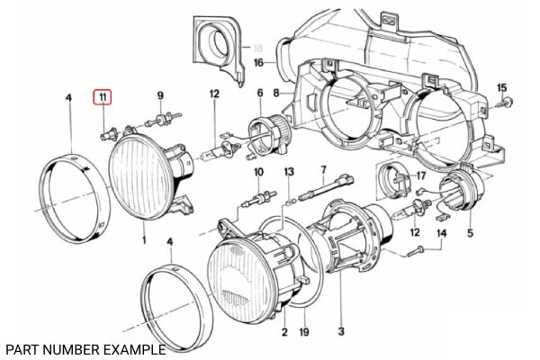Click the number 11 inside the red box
103,96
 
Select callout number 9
160,94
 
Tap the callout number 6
259,93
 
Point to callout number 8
277,93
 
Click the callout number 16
257,63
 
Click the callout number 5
468,233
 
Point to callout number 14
441,233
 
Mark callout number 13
288,171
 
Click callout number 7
323,169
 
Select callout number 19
303,332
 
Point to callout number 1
144,241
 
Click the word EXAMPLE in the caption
134,348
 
